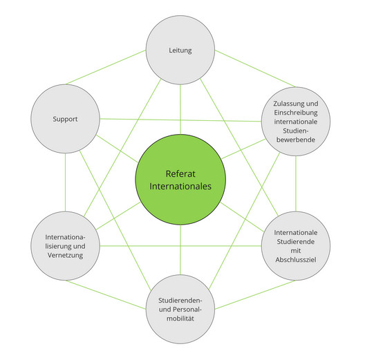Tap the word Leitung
point(180,50)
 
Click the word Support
point(65,119)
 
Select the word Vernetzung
point(66,256)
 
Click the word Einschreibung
point(295,112)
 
